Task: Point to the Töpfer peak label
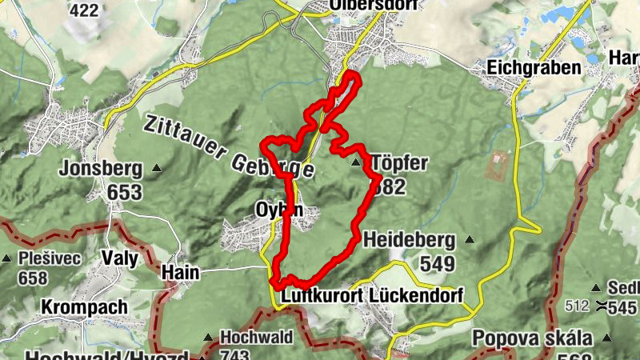click(x=399, y=164)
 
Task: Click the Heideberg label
click(x=409, y=239)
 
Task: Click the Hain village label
click(x=180, y=272)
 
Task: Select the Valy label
click(x=120, y=258)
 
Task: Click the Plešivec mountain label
click(x=46, y=259)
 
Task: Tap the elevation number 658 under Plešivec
click(x=32, y=278)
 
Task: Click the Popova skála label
click(x=531, y=337)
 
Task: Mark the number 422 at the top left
click(x=86, y=10)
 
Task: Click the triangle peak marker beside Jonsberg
click(x=158, y=168)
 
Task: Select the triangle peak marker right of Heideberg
click(x=470, y=238)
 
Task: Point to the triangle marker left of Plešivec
click(x=6, y=258)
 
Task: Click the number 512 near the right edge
click(x=576, y=305)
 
